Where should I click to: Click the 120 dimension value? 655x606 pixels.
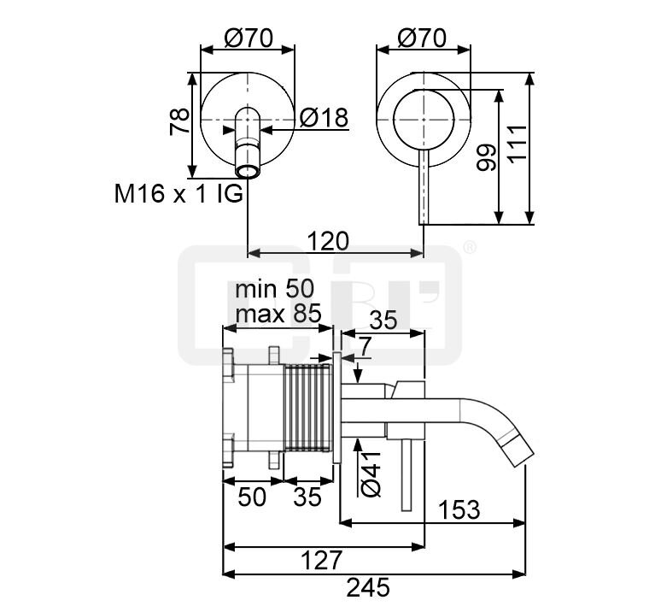click(328, 242)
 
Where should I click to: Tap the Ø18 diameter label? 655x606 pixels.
click(324, 118)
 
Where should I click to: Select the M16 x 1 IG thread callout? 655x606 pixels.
click(178, 194)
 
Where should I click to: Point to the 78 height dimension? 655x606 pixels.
click(179, 121)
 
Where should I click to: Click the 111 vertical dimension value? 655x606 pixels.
click(518, 143)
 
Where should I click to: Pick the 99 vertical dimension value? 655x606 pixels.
click(486, 157)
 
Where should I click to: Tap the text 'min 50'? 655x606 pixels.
click(274, 289)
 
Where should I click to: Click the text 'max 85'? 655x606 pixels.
click(278, 313)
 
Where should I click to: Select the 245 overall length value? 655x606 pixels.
click(368, 587)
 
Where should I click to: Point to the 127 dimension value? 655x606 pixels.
click(321, 561)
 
